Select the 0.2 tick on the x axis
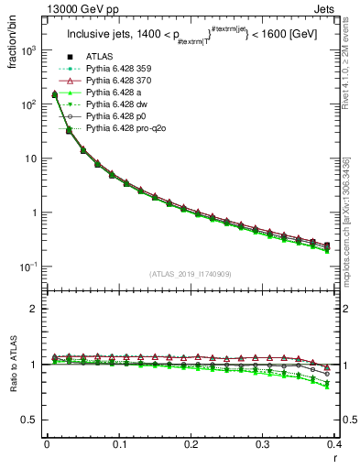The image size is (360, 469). tap(191, 444)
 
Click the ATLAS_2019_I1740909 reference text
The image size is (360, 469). tap(191, 273)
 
